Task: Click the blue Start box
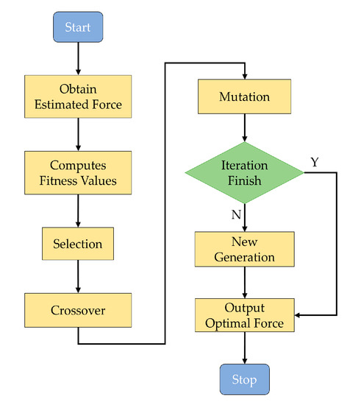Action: pos(78,29)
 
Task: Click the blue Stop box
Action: pos(244,379)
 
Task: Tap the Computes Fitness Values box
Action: pos(78,173)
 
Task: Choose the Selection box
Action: pos(78,243)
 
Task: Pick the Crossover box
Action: pos(78,311)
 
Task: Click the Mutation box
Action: pos(244,96)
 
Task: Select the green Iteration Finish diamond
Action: pos(244,173)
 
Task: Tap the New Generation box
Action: pos(244,250)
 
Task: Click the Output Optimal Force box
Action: pos(244,314)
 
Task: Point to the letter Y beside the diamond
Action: pos(314,162)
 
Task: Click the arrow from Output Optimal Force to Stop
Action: pos(244,348)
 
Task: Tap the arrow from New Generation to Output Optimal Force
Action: pos(244,283)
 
